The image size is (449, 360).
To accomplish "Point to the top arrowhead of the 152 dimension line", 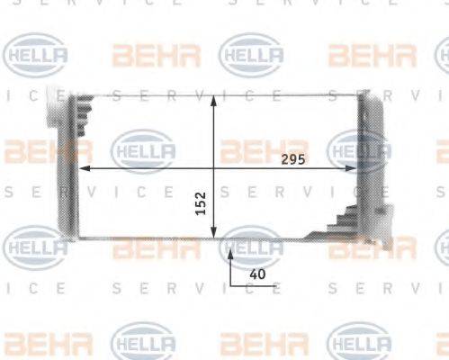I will pos(213,97).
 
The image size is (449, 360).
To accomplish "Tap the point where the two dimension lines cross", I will pos(213,168).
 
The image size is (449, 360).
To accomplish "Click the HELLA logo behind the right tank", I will pos(360,148).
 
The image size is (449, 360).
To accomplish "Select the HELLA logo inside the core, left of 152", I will pos(142,150).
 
